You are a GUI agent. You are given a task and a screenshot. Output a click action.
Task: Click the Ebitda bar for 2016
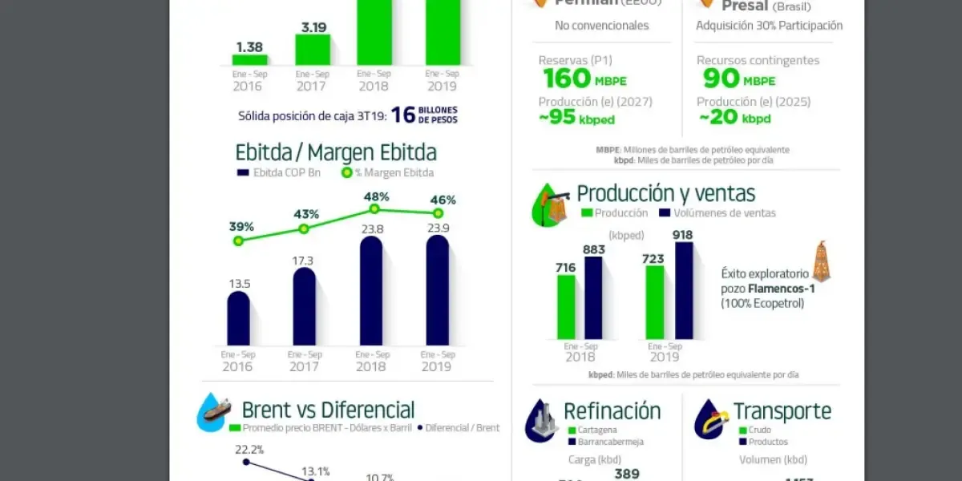238,318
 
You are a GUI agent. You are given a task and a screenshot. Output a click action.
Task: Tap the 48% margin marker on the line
374,208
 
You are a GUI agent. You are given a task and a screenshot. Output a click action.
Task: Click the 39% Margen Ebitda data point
237,240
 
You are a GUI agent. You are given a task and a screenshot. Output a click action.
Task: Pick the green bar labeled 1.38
250,59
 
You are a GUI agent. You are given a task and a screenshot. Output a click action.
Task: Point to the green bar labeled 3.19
313,49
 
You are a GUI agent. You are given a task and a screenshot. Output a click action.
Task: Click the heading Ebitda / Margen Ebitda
336,152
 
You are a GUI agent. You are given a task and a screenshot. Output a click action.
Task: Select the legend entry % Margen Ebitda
388,173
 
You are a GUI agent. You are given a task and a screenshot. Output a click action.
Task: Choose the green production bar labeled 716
566,307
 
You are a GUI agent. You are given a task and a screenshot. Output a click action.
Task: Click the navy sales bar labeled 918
684,290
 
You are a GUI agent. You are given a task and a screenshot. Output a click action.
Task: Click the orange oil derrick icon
821,261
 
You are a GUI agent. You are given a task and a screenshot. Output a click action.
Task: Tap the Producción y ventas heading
665,193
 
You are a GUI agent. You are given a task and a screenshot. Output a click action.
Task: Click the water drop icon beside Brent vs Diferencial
214,412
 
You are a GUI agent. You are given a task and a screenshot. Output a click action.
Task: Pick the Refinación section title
612,411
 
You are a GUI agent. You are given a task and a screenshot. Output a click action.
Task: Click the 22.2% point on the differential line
246,462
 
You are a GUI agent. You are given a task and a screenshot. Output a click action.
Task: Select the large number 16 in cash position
404,115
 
